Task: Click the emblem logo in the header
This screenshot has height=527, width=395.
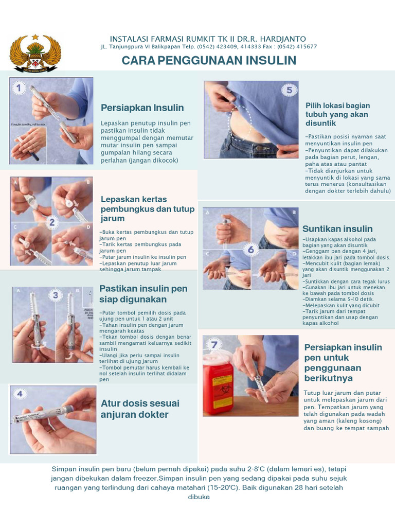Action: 35,53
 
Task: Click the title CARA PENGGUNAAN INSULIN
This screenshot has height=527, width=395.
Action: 209,61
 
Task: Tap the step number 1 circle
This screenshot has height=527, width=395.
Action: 19,88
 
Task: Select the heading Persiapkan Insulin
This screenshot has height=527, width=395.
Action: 142,108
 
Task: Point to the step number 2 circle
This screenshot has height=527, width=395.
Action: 51,222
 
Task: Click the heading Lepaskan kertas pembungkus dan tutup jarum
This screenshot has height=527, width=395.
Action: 148,209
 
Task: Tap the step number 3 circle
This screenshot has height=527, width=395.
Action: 55,295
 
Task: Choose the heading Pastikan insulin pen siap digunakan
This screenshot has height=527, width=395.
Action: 143,294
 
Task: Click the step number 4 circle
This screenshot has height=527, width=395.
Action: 20,394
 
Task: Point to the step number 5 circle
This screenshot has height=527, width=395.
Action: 289,90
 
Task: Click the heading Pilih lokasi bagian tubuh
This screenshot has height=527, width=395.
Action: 337,114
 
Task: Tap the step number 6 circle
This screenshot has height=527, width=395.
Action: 251,250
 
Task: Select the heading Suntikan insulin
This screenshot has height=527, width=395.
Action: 337,229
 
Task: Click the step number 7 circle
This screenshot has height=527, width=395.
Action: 214,344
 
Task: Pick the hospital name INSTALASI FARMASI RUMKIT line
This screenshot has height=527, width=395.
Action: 208,39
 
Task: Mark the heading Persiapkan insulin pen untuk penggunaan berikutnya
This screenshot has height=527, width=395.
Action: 343,363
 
